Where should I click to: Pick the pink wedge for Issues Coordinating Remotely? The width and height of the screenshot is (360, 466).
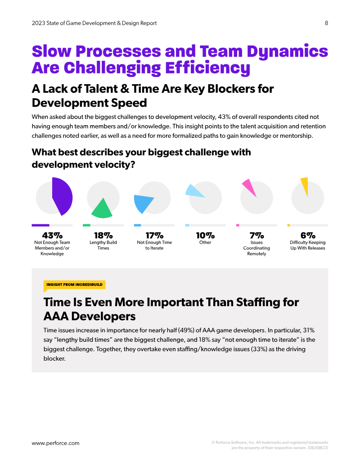click(x=249, y=187)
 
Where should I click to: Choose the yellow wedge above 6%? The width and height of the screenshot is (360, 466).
click(x=305, y=186)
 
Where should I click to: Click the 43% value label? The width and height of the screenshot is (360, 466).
click(x=52, y=235)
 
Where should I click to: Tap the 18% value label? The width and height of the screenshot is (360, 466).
click(x=103, y=235)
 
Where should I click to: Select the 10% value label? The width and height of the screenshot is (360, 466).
click(x=205, y=235)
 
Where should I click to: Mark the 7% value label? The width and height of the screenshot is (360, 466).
click(x=256, y=235)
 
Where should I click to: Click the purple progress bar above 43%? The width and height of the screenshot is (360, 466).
click(x=40, y=225)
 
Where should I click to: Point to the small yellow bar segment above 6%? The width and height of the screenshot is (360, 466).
click(x=288, y=225)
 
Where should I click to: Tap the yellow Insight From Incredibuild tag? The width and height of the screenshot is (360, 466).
click(x=74, y=285)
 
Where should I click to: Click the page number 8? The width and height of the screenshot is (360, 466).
click(x=326, y=23)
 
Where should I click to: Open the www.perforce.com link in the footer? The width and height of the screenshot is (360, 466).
click(x=55, y=443)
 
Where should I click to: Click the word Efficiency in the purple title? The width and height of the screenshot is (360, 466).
click(x=207, y=68)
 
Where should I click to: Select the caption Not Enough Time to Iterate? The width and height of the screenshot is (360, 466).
click(x=154, y=245)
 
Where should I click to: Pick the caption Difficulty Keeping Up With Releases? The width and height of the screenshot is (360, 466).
click(x=308, y=245)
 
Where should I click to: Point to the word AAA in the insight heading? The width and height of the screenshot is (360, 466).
click(x=56, y=316)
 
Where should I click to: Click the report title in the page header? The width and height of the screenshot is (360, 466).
click(x=94, y=23)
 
